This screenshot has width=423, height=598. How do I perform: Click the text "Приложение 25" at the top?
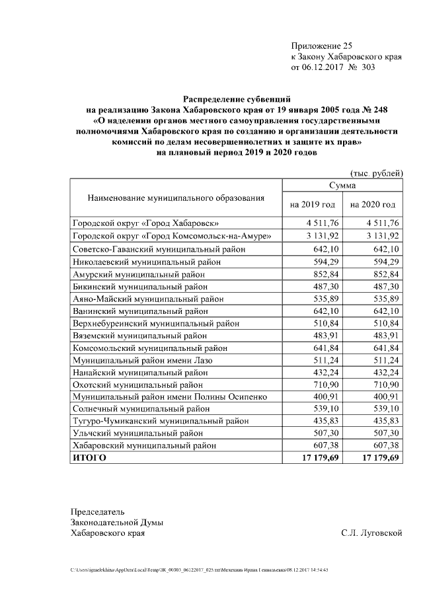click(322, 46)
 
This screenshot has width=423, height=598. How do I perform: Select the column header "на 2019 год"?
click(312, 205)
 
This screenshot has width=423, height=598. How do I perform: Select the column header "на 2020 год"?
click(373, 205)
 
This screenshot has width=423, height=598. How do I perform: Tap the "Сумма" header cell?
click(342, 186)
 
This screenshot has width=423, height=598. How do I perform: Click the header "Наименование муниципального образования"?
click(176, 197)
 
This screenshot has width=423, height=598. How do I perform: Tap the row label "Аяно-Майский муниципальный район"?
click(147, 298)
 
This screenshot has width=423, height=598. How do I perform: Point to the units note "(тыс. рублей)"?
click(376, 173)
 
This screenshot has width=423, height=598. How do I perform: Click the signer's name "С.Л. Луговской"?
click(371, 533)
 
